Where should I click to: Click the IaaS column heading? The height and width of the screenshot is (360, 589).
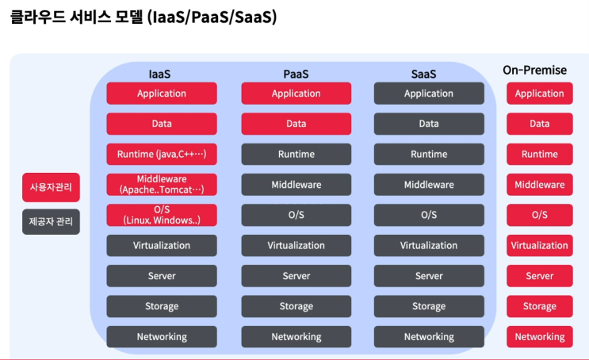[161, 75]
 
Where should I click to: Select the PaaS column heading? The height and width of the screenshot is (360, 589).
[296, 75]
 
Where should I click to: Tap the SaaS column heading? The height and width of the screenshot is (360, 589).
[428, 75]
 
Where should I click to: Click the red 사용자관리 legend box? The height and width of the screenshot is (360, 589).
[51, 187]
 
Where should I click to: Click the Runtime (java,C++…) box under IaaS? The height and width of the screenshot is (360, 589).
[161, 155]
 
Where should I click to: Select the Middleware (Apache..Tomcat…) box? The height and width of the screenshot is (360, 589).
[161, 185]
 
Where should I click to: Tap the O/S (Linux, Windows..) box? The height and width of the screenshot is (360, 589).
[161, 215]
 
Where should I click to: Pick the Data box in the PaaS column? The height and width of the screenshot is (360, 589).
[296, 124]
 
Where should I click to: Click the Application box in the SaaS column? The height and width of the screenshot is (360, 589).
[428, 94]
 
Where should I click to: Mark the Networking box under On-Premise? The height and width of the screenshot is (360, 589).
[539, 337]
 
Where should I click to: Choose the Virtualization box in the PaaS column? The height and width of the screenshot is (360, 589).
[296, 246]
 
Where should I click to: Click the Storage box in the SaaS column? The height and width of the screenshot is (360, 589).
[428, 307]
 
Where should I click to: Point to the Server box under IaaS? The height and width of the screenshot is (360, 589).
[161, 276]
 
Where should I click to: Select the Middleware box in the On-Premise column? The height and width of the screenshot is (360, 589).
[539, 185]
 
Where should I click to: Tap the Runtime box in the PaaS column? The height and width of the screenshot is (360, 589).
[296, 155]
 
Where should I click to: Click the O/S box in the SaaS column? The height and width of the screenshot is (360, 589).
[428, 215]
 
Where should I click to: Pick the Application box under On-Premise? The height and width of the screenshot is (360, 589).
[539, 94]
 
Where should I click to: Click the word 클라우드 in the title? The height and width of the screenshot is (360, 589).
[39, 17]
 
